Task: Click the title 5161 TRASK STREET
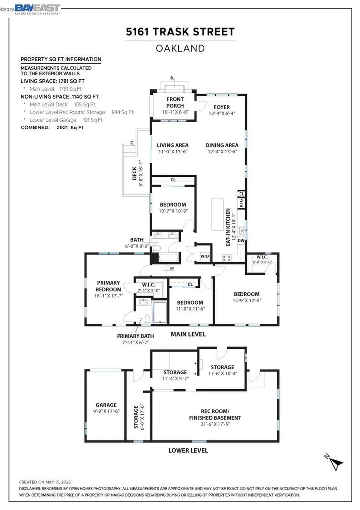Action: tap(180, 32)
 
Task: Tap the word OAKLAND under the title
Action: tap(180, 48)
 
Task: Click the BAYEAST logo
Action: tap(37, 9)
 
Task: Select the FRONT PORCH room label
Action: tap(175, 102)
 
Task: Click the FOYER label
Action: tap(222, 107)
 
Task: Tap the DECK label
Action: tap(134, 173)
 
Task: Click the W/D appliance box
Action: tap(205, 256)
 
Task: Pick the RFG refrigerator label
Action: tap(241, 203)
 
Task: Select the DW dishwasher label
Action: tap(241, 241)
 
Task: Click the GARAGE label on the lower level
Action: tap(106, 405)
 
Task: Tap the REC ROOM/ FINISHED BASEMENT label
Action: tap(215, 414)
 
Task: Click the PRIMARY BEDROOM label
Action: tap(108, 286)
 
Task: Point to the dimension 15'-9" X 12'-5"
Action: tap(246, 300)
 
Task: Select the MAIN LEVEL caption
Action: tap(188, 334)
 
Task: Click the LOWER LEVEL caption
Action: tap(188, 450)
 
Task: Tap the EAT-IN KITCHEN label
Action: tap(228, 227)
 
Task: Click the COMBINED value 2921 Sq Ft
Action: tap(70, 127)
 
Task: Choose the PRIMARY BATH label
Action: tap(135, 336)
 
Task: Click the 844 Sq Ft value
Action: tap(122, 112)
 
